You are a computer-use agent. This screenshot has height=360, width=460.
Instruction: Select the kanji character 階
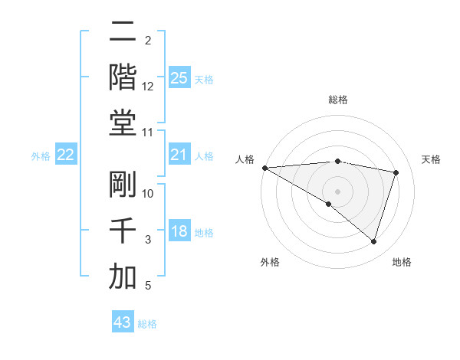tap(123, 77)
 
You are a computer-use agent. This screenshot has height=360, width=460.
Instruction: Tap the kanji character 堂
tap(123, 123)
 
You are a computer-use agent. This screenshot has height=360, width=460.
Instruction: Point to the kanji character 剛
tap(123, 185)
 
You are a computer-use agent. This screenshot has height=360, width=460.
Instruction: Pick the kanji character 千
tap(123, 231)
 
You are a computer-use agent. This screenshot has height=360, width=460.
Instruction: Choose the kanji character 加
tap(123, 276)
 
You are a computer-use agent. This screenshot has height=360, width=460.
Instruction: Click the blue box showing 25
tap(179, 77)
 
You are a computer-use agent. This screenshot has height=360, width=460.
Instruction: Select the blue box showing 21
tap(179, 155)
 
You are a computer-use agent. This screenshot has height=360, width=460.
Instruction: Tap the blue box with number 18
tap(179, 231)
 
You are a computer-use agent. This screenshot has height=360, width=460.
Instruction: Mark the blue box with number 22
tap(66, 155)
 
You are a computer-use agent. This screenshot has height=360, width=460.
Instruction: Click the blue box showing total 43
tap(123, 322)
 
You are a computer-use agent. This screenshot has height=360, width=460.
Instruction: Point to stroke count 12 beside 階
tap(148, 87)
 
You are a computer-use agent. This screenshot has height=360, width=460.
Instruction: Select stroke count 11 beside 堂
tap(148, 133)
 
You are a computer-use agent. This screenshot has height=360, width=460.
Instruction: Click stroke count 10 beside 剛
tap(148, 194)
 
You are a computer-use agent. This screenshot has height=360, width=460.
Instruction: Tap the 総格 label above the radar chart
tap(337, 100)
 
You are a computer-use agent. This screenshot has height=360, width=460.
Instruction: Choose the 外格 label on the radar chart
tap(270, 262)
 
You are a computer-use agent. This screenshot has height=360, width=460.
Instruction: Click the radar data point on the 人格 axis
tap(264, 167)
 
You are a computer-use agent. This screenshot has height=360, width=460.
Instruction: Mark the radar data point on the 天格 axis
tap(396, 172)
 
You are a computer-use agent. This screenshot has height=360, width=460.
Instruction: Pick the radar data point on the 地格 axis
tap(373, 241)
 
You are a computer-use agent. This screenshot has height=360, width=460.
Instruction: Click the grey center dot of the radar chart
tap(337, 191)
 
